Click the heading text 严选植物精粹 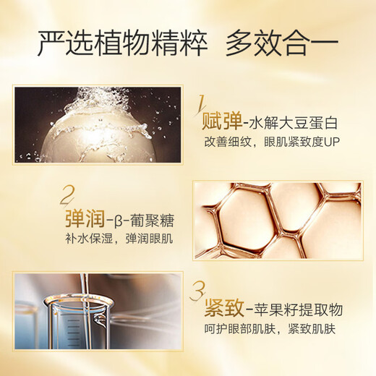click(123, 44)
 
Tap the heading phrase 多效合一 click(282, 44)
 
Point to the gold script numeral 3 click(197, 291)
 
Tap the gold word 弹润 click(85, 218)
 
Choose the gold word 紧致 click(224, 308)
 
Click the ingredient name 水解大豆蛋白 click(293, 122)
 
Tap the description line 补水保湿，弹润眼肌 click(119, 239)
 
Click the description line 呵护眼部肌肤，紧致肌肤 click(270, 329)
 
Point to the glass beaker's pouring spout click(100, 319)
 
